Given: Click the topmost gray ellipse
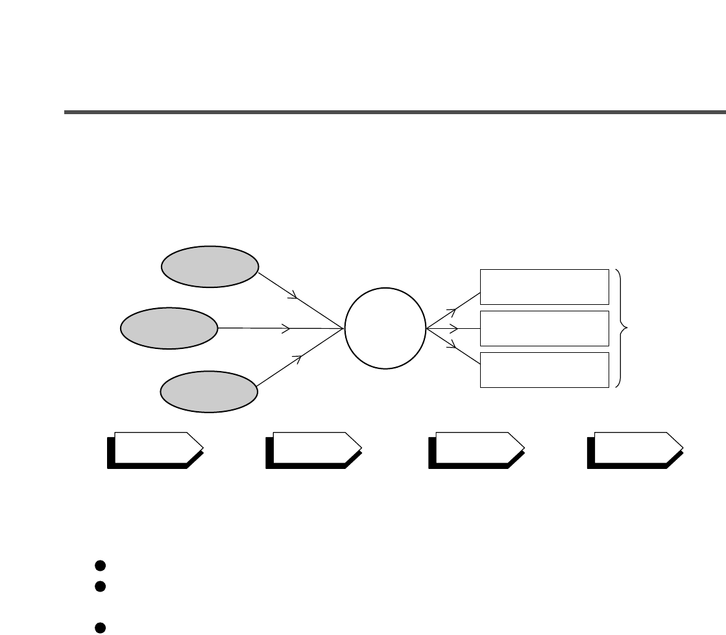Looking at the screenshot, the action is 210,266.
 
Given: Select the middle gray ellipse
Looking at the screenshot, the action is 169,328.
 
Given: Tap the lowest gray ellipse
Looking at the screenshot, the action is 210,391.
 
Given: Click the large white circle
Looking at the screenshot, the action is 385,328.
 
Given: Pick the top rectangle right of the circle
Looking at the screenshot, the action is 544,286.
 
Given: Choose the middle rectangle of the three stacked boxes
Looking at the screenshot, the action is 544,328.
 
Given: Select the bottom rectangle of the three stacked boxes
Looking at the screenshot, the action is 544,370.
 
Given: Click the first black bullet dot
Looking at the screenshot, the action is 100,564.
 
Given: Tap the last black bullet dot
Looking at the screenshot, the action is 100,627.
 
